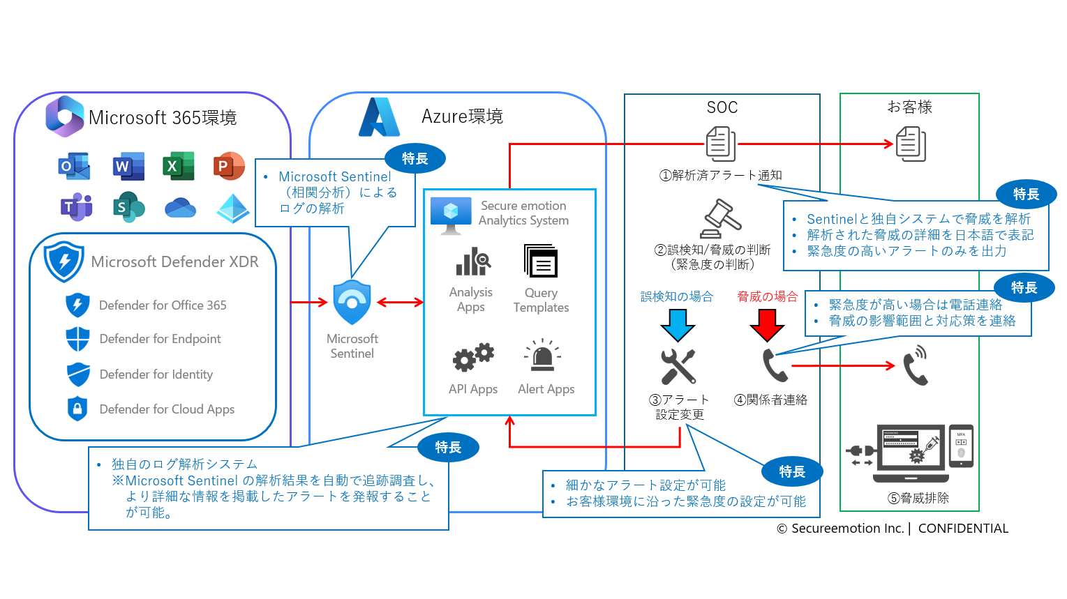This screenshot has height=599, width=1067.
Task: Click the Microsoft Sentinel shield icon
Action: (352, 302)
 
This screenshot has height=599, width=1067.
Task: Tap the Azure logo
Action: (379, 117)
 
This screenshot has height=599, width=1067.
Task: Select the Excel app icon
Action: (177, 166)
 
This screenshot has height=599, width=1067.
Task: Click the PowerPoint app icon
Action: (228, 166)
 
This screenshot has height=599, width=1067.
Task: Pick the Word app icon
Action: (128, 166)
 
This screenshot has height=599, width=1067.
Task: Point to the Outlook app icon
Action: (74, 166)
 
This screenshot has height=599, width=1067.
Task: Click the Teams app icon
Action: (76, 206)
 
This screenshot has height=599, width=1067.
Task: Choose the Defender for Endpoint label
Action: (160, 339)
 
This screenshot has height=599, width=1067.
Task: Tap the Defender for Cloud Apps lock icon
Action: (77, 409)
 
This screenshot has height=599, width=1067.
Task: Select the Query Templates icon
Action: (541, 261)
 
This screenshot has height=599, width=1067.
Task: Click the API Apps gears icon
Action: (473, 358)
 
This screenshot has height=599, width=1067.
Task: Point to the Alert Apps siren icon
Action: (542, 356)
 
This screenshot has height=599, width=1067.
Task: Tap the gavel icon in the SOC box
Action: (721, 218)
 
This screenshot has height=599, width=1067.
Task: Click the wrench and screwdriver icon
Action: (678, 366)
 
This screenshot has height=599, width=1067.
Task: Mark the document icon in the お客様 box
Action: (911, 144)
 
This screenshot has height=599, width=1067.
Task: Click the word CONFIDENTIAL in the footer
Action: (963, 529)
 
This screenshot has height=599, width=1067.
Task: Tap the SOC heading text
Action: (722, 107)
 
